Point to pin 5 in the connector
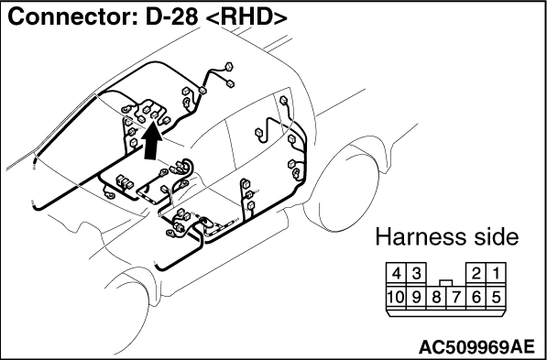[496, 298]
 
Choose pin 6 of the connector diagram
[476, 298]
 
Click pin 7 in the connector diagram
[456, 298]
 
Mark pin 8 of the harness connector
[436, 298]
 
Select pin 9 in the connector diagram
[416, 298]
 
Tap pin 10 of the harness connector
[397, 298]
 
